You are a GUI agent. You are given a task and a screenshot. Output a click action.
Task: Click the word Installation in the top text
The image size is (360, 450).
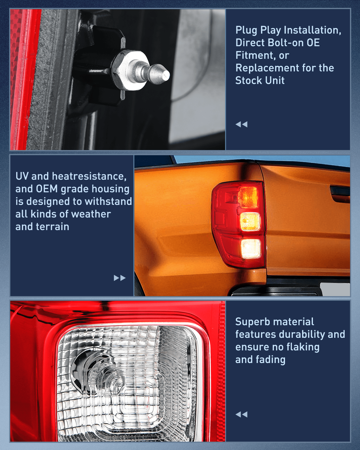[312, 30]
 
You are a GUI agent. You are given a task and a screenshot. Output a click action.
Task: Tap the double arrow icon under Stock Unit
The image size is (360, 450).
[241, 124]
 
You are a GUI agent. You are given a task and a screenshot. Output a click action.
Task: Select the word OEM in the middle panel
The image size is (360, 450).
[47, 189]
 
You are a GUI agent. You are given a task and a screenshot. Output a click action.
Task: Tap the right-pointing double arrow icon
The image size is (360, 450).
[119, 278]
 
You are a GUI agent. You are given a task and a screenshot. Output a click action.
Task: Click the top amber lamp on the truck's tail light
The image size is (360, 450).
[248, 197]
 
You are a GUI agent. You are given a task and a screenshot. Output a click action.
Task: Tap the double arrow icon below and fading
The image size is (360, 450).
[241, 415]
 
